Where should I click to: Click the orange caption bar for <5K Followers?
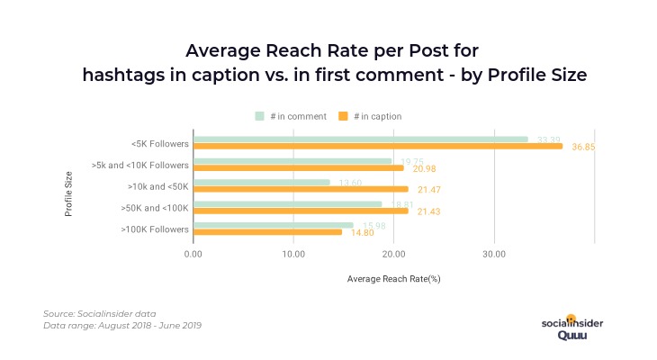(378, 146)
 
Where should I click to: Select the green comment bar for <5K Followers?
(360, 139)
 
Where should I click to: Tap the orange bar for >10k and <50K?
(301, 189)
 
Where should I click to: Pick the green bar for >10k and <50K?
(262, 183)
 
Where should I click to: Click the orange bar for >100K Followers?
(267, 232)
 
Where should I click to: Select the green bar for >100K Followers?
(274, 225)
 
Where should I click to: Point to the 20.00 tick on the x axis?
(393, 255)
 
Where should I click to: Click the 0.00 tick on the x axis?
(193, 255)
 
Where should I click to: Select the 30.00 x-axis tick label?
(493, 255)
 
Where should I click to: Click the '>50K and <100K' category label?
(155, 208)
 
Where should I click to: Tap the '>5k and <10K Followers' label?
(140, 165)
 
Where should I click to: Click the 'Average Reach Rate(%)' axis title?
(393, 279)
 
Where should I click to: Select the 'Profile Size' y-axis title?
(69, 186)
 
